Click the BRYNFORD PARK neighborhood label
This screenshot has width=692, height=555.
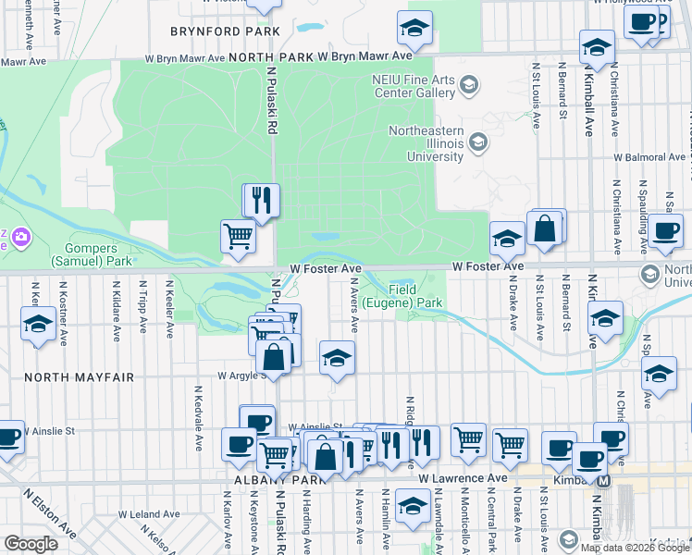tap(225, 31)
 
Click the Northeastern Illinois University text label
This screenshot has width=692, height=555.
tap(426, 143)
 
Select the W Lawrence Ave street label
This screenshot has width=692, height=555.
tap(463, 479)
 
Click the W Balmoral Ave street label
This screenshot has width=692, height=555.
tap(653, 157)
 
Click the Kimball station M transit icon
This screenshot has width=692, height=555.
tap(604, 480)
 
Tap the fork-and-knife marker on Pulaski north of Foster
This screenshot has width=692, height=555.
tap(261, 200)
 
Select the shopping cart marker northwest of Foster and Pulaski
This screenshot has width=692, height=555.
tap(239, 236)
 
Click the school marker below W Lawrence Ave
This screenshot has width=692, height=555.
tap(413, 505)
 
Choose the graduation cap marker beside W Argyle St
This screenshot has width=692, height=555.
tap(338, 357)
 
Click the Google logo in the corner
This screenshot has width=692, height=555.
tap(31, 544)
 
